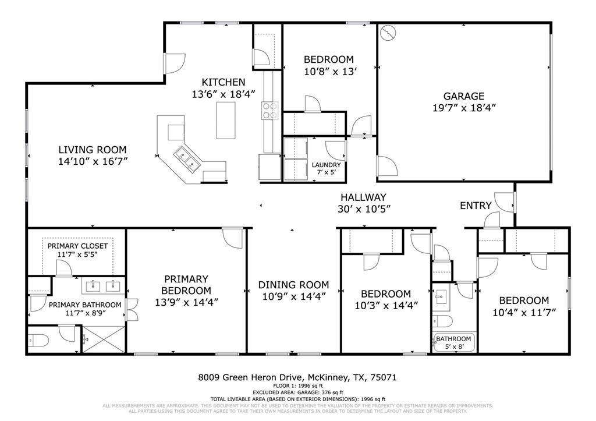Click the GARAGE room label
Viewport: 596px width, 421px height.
click(x=463, y=96)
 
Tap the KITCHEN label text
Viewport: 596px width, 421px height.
click(x=223, y=82)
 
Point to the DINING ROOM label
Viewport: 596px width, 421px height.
click(x=293, y=285)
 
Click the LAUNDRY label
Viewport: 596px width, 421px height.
click(x=326, y=165)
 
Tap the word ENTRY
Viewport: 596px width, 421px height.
click(x=476, y=206)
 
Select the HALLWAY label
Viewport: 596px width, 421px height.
click(x=363, y=197)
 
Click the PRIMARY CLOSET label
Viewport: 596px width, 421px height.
click(x=77, y=246)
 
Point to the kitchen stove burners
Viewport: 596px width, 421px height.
click(x=269, y=110)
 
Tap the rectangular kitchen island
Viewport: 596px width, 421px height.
click(x=225, y=119)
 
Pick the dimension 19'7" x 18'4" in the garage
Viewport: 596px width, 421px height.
click(x=463, y=108)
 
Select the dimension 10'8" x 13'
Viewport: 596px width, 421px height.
click(x=329, y=72)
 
